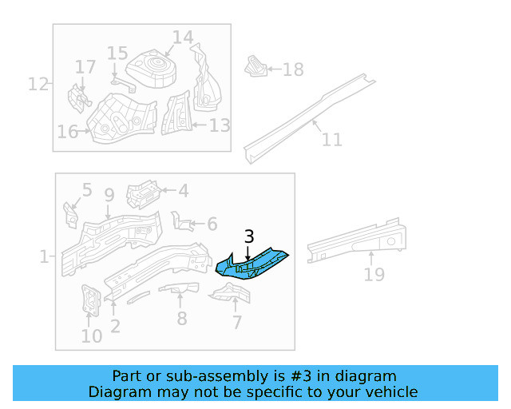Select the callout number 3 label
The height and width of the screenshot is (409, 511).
[249, 236]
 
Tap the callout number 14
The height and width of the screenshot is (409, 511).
[183, 38]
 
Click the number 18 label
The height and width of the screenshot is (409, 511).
[293, 69]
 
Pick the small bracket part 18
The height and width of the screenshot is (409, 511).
[254, 66]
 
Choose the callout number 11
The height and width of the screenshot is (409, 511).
[331, 140]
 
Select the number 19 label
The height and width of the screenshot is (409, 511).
[374, 275]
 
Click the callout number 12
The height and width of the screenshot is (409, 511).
[38, 83]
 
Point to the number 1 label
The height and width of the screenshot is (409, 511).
[44, 256]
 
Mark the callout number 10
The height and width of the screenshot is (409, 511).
[92, 336]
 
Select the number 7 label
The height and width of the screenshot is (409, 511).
[236, 323]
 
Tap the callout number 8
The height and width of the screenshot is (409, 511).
[181, 319]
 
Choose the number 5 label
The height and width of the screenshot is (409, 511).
[87, 191]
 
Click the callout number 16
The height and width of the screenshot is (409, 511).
[67, 131]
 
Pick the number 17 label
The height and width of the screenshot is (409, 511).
[85, 67]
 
